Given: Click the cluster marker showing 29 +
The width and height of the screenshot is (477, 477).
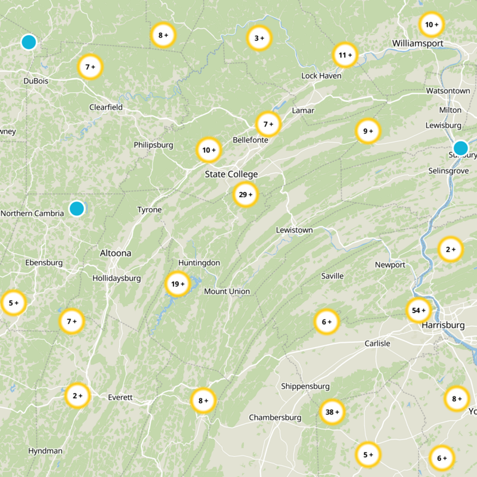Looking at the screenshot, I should click(x=245, y=194).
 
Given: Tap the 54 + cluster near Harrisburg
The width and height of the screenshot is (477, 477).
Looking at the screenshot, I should click(x=419, y=310).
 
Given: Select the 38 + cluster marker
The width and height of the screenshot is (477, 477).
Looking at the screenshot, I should click(x=332, y=412).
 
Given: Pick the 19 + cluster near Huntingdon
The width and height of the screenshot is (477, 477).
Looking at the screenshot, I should click(x=177, y=284).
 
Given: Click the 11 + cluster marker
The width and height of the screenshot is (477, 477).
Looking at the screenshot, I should click(x=345, y=55).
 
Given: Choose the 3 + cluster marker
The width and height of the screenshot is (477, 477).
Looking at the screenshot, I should click(x=259, y=38).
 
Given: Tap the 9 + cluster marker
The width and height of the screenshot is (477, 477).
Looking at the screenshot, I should click(x=368, y=131).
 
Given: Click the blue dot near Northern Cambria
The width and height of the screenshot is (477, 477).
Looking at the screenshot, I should click(x=76, y=208).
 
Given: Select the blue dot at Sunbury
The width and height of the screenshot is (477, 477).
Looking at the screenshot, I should click(x=460, y=148).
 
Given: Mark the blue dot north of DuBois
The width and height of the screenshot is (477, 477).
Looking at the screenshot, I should click(x=28, y=42).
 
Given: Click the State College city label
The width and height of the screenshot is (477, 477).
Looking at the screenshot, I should click(x=231, y=174).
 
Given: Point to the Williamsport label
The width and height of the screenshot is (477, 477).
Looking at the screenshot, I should click(x=417, y=43).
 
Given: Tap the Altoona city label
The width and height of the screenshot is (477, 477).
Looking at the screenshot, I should click(x=116, y=253).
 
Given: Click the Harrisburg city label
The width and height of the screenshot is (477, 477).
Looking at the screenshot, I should click(x=442, y=326).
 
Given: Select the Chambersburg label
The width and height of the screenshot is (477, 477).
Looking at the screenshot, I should click(x=275, y=417).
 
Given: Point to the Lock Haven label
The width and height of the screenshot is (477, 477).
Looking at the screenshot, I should click(x=321, y=76).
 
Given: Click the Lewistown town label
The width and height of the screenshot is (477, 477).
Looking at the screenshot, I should click(x=295, y=230).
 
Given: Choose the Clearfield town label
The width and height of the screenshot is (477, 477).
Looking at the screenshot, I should click(x=106, y=107).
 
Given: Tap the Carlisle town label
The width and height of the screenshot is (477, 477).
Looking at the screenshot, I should click(x=377, y=343).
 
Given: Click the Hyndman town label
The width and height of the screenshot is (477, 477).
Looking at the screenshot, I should click(x=45, y=451).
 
